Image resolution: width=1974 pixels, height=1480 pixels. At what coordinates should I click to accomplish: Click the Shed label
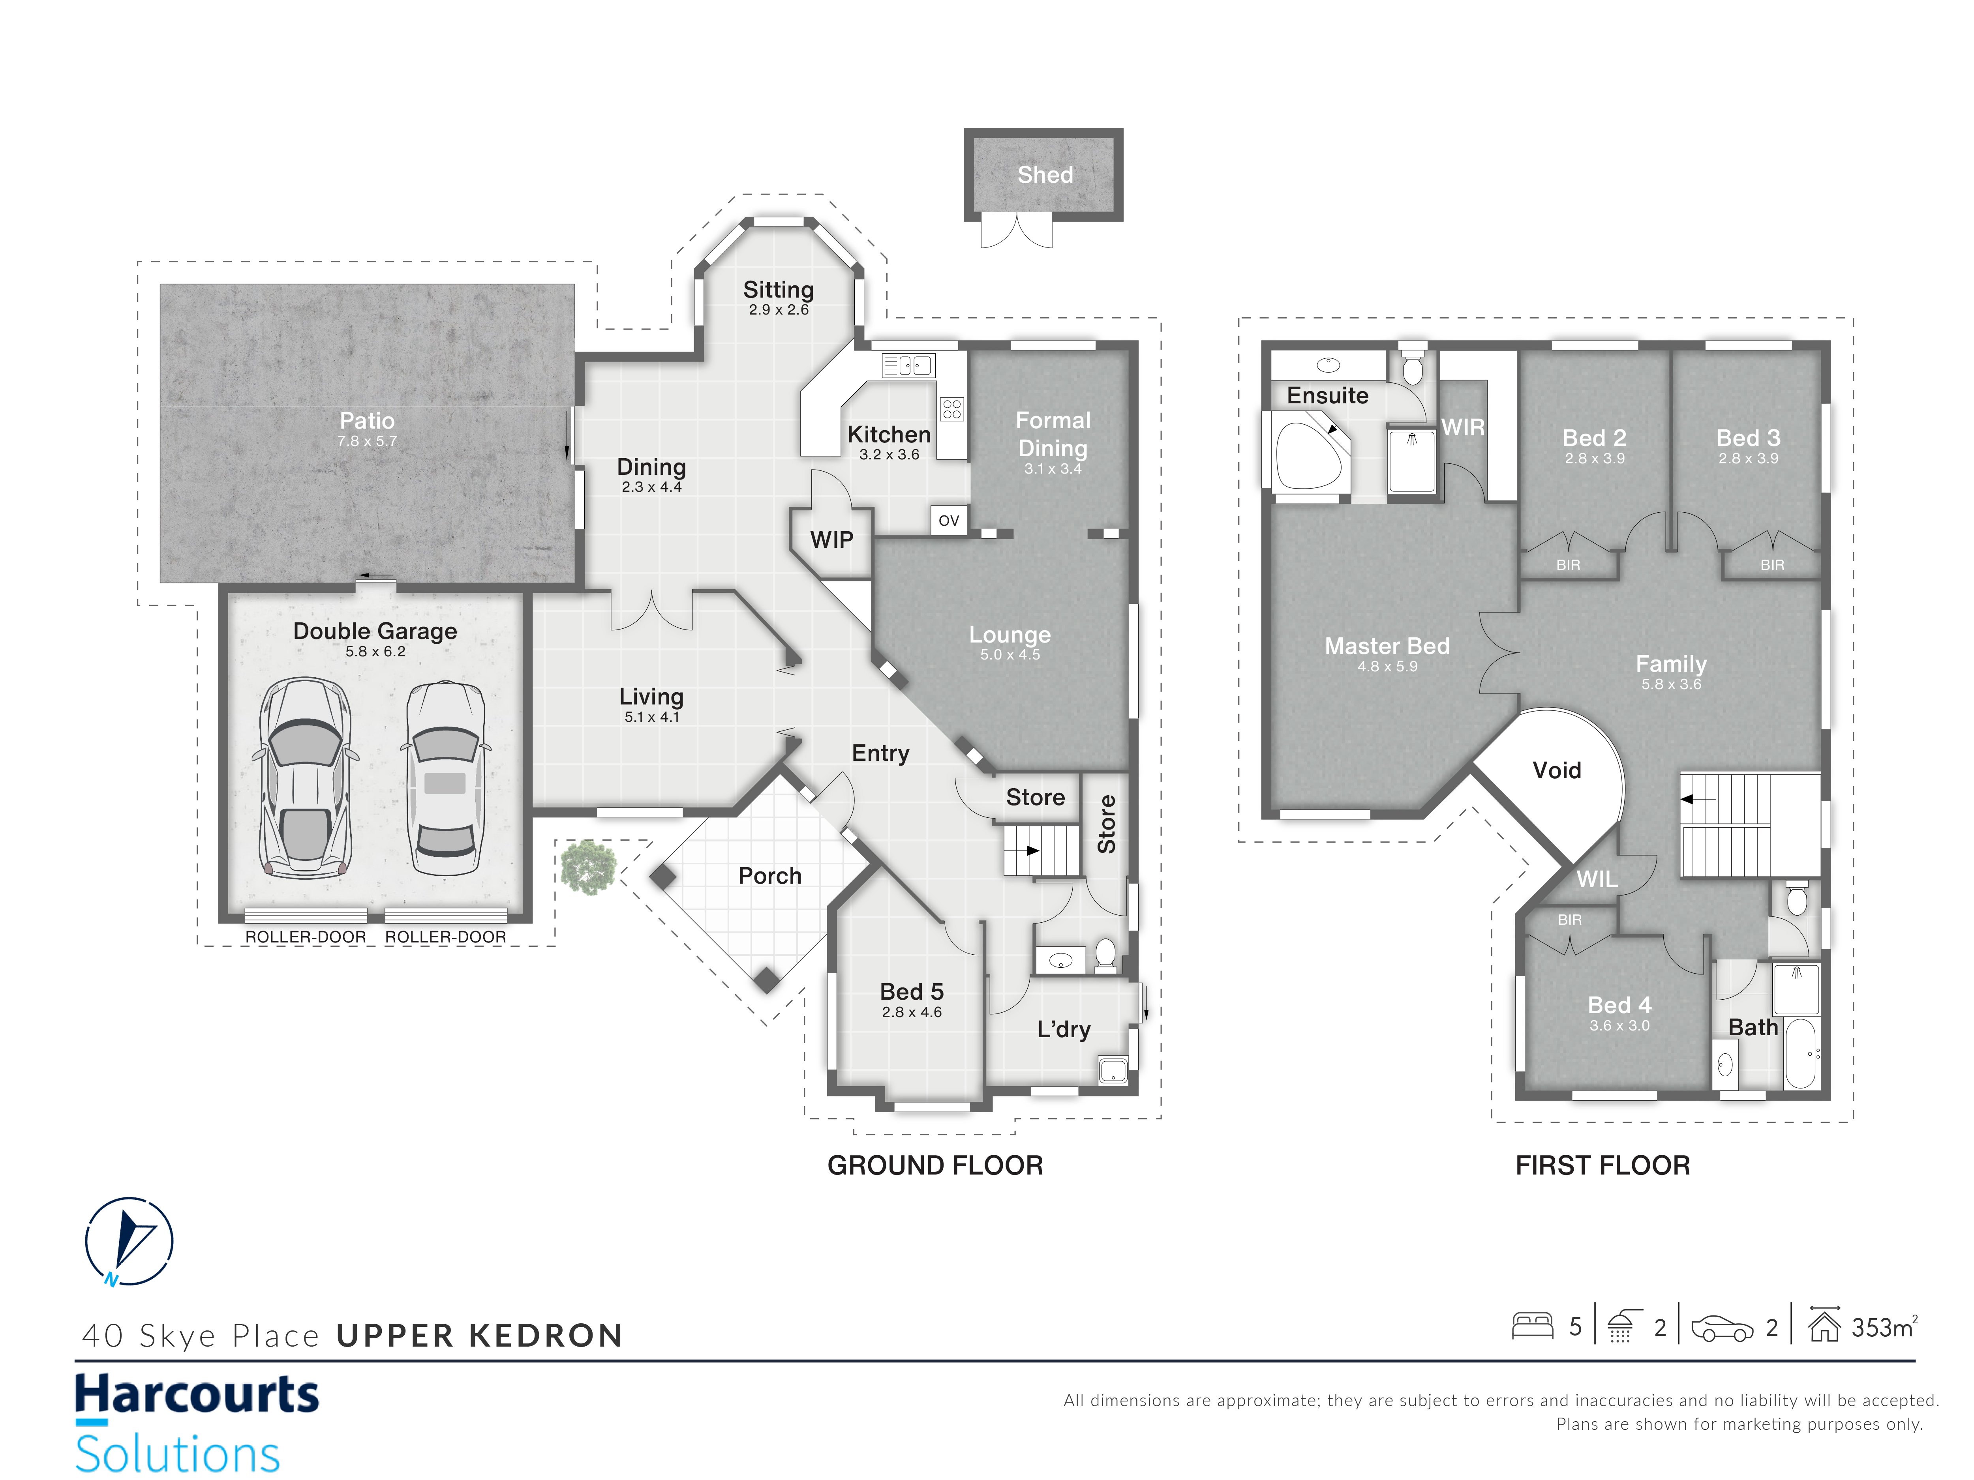(x=1045, y=175)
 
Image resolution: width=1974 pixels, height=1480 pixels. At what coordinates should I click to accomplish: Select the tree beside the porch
(x=588, y=866)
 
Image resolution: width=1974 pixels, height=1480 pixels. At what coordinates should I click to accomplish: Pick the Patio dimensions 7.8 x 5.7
(x=367, y=441)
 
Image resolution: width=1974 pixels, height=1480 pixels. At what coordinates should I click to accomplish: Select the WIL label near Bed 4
(x=1597, y=880)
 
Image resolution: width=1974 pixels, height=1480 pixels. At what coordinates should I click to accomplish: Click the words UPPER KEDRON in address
(x=479, y=1336)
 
